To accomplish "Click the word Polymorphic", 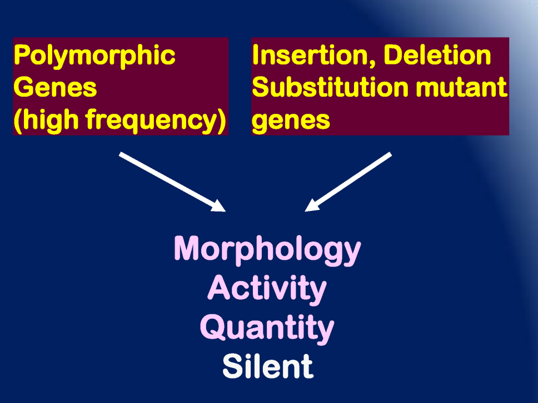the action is point(94,56).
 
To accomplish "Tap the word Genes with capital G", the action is point(55,87).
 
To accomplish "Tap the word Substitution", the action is point(330,87).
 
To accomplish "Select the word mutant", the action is point(461,87).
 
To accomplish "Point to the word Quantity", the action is point(267,328).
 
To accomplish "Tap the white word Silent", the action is point(268,366).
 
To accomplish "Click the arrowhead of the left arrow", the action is point(218,206).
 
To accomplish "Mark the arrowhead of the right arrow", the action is point(312,205).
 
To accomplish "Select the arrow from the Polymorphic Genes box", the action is point(172,182).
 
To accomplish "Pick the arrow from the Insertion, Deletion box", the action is point(348,182).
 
